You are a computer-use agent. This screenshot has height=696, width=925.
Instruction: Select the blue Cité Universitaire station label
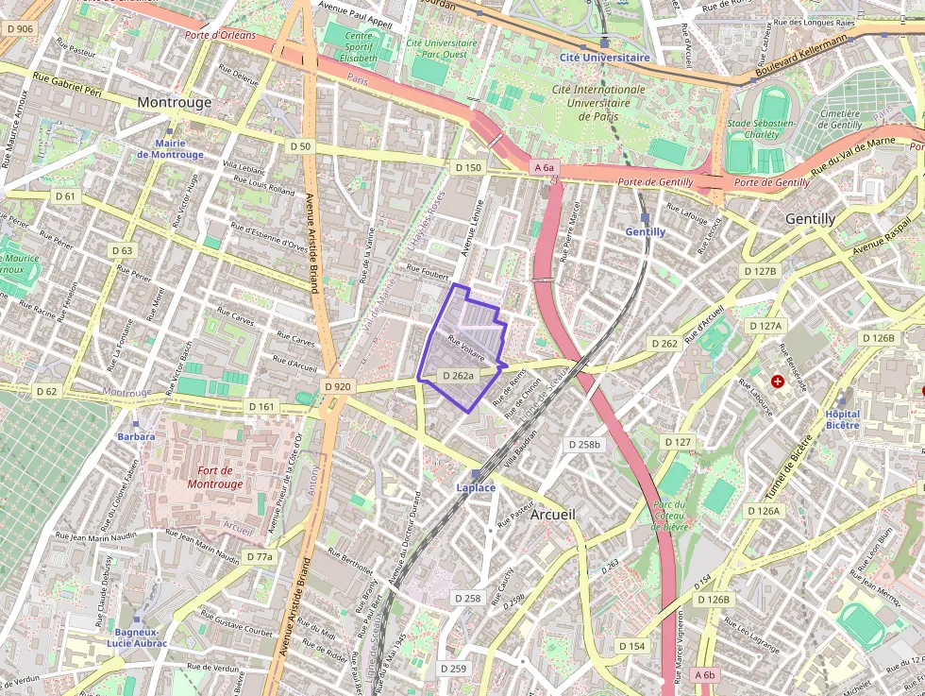point(604,57)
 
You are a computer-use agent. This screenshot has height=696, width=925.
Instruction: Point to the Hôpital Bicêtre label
point(842,419)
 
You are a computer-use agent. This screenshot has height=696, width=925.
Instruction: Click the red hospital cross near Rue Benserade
point(777,382)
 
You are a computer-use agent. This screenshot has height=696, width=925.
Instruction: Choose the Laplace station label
point(476,487)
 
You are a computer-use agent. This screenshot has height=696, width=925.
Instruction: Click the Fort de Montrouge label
point(207,477)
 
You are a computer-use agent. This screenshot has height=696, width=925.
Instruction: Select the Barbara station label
point(136,436)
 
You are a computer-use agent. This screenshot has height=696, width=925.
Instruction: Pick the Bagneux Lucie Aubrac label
point(137,637)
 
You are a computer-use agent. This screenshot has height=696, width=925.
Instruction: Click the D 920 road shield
point(337,386)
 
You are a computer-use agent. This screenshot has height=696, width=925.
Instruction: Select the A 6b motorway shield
point(705,675)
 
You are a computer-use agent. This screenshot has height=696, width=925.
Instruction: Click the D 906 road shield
point(19,29)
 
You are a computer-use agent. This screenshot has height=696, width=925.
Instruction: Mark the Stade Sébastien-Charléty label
point(763,128)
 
